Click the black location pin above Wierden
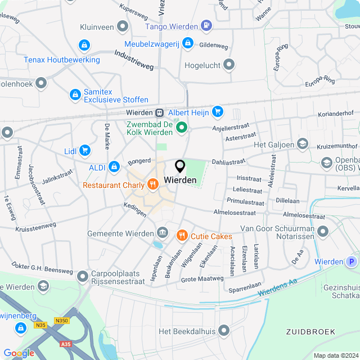[180, 166]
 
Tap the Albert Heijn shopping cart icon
[218, 112]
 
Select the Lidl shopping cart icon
[84, 150]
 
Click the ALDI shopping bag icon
[114, 166]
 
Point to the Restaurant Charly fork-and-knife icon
[152, 184]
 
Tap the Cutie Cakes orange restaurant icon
[182, 236]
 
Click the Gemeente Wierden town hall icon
[163, 233]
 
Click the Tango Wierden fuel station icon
[206, 26]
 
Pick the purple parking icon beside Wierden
[352, 262]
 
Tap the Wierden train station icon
[160, 112]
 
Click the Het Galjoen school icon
[303, 145]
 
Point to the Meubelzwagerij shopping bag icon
[187, 43]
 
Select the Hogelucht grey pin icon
[229, 65]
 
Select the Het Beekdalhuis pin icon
[224, 331]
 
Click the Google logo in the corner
[19, 353]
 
